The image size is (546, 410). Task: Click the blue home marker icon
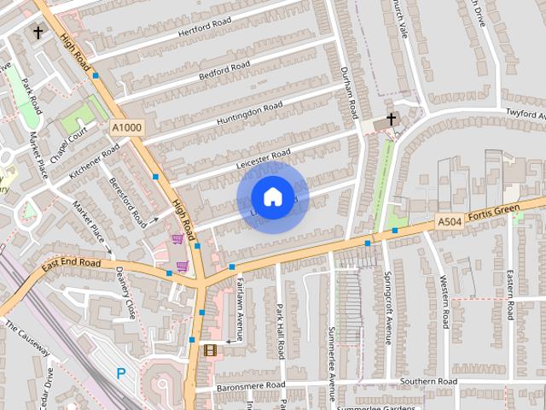(272, 197)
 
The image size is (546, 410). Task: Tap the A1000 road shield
(126, 127)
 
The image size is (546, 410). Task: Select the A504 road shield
(450, 221)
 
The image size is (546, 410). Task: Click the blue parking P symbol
(120, 373)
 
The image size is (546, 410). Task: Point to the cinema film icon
(210, 349)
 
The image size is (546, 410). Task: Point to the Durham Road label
(350, 93)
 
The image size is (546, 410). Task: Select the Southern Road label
(428, 381)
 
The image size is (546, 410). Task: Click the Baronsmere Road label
(251, 386)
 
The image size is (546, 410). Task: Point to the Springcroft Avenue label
(389, 308)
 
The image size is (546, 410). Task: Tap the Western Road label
(444, 302)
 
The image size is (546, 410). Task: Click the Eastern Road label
(509, 296)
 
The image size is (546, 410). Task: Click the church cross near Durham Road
(392, 120)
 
